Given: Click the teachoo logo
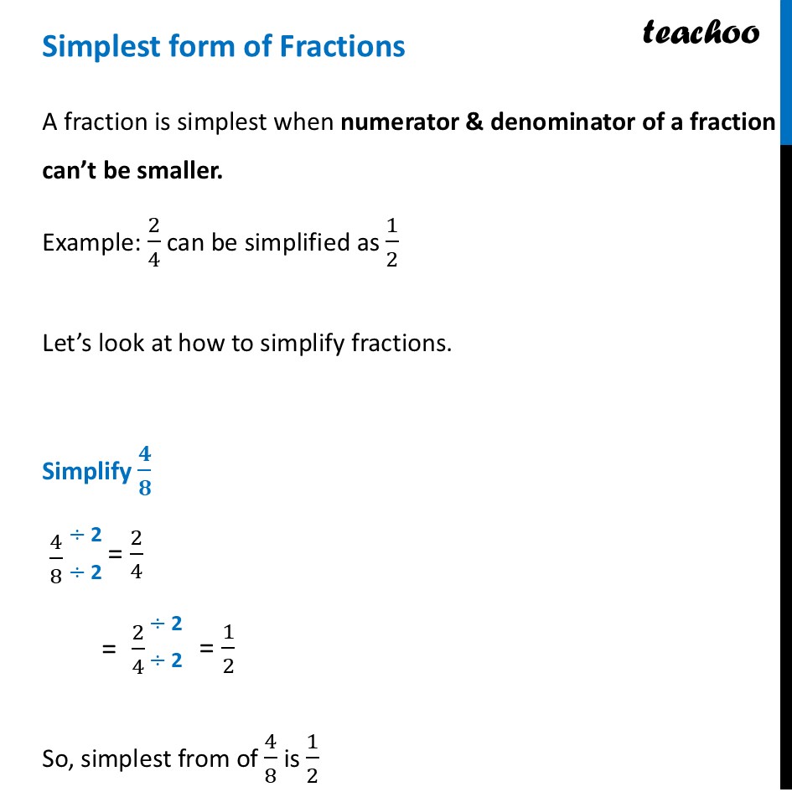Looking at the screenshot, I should click(701, 32).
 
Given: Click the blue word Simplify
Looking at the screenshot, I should click(86, 471).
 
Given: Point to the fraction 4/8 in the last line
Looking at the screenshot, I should click(270, 758).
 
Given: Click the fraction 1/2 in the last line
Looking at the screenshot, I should click(312, 758).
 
